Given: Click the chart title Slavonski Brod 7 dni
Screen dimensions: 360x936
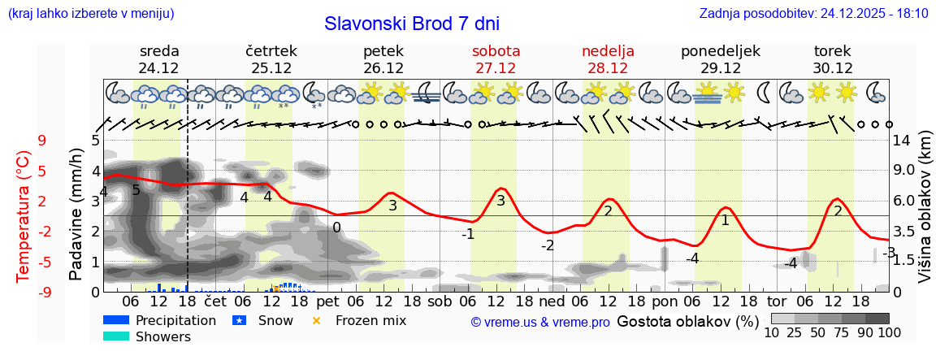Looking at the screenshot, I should point(412,24).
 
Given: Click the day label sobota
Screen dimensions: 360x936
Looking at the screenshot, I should point(496,51).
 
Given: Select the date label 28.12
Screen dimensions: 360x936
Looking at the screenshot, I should point(608,68).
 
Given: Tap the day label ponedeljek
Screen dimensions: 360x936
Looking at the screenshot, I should point(721,51).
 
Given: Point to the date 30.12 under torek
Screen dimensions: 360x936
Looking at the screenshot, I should point(833,68).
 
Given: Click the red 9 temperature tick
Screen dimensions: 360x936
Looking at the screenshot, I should point(42,140).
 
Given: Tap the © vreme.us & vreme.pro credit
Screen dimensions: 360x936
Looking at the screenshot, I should point(540,322).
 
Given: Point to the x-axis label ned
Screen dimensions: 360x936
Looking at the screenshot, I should point(551,301).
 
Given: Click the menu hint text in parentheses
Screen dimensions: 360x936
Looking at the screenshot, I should point(90,14).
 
